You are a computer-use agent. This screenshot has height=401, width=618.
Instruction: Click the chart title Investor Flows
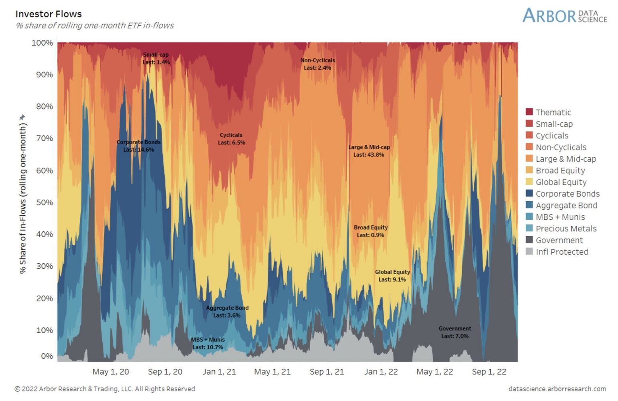49,14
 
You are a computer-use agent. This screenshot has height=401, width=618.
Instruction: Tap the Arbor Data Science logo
564,16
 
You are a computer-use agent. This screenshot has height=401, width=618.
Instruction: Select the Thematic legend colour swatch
529,112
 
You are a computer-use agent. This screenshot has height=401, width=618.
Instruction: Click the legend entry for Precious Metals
566,229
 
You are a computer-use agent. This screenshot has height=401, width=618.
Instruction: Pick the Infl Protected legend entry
561,252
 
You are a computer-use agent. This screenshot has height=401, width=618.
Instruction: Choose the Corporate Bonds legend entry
567,194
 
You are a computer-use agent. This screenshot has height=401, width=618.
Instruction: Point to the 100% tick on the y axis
42,43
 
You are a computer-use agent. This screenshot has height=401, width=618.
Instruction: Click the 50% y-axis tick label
44,203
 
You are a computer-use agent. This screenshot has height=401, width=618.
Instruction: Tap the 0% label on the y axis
47,356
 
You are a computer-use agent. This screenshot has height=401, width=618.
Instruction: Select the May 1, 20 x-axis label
111,372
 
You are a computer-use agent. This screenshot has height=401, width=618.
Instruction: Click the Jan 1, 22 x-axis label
381,372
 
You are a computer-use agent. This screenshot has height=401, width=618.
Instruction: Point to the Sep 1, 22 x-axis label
489,372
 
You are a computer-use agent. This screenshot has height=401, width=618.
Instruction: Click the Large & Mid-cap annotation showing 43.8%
369,151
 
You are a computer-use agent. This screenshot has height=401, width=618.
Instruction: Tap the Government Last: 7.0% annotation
455,332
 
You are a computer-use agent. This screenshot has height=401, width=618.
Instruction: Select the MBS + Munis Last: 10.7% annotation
208,343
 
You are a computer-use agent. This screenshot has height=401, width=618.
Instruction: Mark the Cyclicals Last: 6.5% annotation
231,139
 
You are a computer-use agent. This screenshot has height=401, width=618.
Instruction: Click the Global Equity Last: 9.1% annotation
392,275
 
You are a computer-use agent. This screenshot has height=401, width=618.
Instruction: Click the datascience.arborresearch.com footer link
557,389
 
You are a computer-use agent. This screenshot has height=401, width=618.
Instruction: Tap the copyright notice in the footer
105,389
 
